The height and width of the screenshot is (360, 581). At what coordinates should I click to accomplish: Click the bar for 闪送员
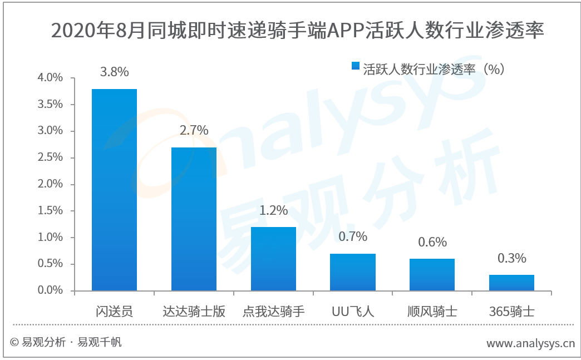pos(114,190)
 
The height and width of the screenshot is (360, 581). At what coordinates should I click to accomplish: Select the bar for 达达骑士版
pos(194,219)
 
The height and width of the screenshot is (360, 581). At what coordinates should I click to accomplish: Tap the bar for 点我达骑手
pos(273,259)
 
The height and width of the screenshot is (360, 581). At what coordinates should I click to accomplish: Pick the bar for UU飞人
pos(353,272)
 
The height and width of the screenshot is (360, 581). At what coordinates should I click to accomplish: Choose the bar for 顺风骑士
pos(432,275)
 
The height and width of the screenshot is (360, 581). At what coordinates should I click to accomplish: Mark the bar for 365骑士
pos(511,283)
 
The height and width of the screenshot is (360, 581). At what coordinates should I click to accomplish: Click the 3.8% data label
pos(115,71)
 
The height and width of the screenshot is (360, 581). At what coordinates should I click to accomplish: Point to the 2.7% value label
pos(194,130)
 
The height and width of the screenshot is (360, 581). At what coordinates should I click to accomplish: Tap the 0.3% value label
pos(511,258)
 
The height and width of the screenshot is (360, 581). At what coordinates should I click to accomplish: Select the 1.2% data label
pos(273,210)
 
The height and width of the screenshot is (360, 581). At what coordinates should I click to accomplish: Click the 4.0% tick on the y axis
pos(50,77)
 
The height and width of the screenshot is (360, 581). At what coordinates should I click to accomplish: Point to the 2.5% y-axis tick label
pos(50,157)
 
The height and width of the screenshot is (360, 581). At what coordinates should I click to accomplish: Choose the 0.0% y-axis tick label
pos(50,290)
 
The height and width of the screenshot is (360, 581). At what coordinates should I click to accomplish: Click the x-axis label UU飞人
pos(353,311)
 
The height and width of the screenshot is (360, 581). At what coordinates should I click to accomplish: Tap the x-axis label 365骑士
pos(511,311)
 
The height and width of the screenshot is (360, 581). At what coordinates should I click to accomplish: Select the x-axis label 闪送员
pos(114,311)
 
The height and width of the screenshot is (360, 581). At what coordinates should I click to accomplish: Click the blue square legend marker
pos(356,66)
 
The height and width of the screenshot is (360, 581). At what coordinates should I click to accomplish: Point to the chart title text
pos(297,30)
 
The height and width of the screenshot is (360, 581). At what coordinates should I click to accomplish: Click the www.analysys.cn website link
pos(530,343)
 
